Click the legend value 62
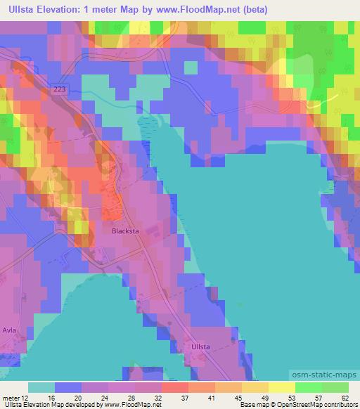coord(345,397)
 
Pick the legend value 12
coord(27,397)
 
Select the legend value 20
coord(79,397)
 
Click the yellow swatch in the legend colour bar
coord(281,387)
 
